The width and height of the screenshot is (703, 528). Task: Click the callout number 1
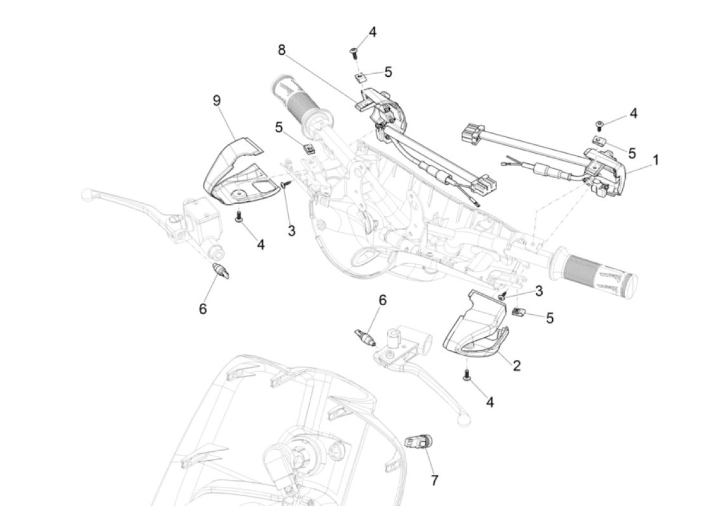tap(655, 160)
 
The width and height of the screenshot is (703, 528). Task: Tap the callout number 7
tap(434, 489)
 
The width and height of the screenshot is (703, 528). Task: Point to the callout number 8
tap(282, 50)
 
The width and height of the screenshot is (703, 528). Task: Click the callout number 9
tap(217, 101)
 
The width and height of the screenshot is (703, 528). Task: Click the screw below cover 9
tap(239, 216)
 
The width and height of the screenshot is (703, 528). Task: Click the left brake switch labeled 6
tap(221, 271)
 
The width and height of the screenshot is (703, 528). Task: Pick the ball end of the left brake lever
tap(87, 194)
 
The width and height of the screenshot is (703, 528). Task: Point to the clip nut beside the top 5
tap(360, 77)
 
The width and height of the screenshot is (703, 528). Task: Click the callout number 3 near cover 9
tap(291, 230)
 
